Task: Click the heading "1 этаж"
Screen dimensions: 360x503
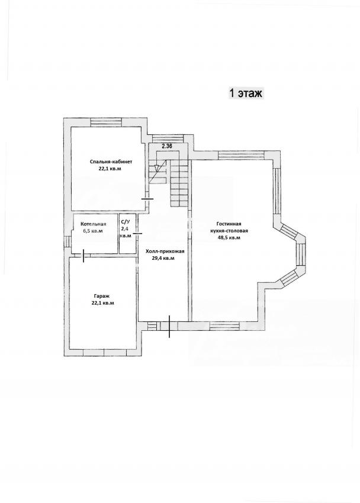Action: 246,93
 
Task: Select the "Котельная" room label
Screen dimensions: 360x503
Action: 94,224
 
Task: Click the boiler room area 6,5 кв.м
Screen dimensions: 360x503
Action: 92,231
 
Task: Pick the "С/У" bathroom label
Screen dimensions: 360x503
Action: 125,221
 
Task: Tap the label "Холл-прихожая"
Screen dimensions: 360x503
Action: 165,251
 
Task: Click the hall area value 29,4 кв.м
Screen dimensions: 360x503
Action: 163,258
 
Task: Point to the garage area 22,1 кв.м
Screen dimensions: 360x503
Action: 102,302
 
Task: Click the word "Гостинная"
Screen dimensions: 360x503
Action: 229,224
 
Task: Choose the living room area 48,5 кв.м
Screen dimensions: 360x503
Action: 229,238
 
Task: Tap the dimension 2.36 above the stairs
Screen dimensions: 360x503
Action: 167,146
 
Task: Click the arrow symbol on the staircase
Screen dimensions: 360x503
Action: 156,167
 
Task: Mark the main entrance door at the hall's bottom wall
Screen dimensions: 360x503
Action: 169,326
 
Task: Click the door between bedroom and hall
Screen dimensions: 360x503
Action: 147,199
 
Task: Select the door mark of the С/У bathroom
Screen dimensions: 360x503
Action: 137,233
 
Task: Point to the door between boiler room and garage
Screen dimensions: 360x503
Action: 83,256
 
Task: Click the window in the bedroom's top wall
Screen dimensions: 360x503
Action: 106,122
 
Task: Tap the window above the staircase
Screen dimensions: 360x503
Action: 167,138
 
